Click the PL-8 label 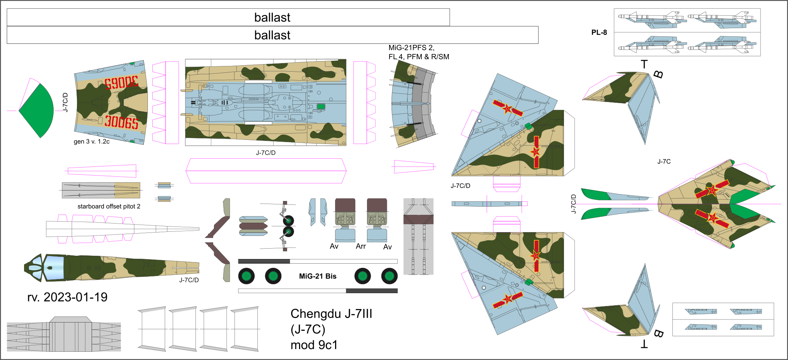599,33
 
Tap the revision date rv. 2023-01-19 67,297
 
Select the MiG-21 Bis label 317,276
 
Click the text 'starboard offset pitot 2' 109,206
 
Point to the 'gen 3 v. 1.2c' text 92,141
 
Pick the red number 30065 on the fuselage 121,122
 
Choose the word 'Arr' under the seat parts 361,246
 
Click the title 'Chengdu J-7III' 331,313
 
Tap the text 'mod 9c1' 314,345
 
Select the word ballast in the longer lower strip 272,35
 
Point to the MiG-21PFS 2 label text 411,48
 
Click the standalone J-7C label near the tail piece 664,162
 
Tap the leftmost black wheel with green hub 246,276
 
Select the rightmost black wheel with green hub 389,276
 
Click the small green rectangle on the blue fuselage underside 321,106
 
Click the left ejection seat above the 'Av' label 345,219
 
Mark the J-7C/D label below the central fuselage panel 266,153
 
